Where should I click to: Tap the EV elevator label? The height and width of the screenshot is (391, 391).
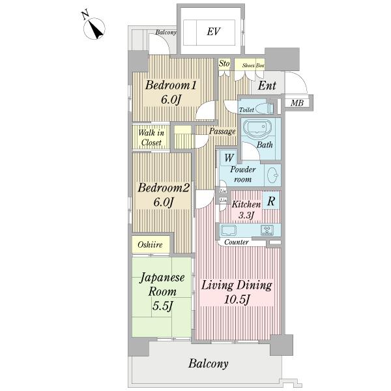tap(212, 31)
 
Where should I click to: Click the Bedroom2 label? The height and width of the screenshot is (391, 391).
tap(162, 194)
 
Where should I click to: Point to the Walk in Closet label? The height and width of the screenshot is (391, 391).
tap(151, 138)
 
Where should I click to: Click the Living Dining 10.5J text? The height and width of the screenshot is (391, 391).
tap(236, 292)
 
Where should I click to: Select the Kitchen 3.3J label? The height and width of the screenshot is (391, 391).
tap(246, 209)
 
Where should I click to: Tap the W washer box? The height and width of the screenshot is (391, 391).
tap(229, 157)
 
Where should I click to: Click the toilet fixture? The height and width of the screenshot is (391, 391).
tap(263, 108)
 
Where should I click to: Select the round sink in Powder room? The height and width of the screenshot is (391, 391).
tap(273, 175)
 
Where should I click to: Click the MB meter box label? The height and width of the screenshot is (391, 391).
tap(297, 103)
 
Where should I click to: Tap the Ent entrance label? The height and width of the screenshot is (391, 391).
tap(266, 85)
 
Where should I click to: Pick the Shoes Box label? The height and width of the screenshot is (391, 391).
tap(253, 65)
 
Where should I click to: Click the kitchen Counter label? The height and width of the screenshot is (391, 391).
tap(236, 242)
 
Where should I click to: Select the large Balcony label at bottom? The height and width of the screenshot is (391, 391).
tap(209, 364)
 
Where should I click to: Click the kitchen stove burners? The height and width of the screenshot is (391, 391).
tap(268, 229)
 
